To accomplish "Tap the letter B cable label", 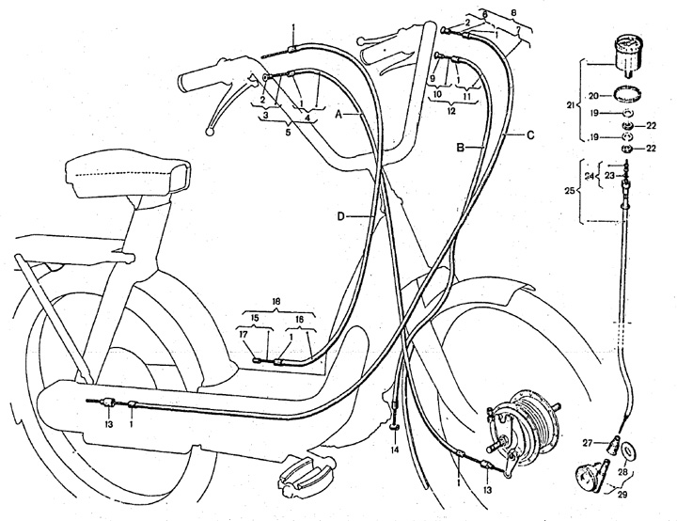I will [462, 148].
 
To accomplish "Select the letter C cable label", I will [530, 135].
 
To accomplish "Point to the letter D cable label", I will [344, 217].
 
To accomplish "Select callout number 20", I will [593, 95].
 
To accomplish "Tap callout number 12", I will [451, 111].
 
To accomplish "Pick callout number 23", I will [609, 174].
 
